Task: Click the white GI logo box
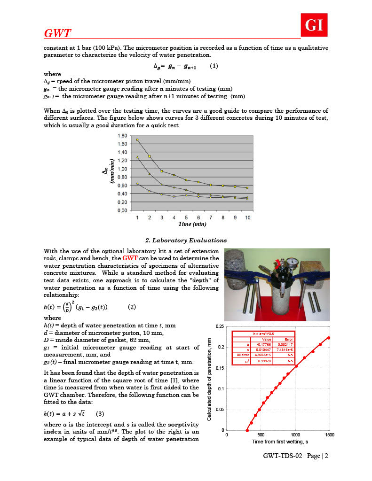314,25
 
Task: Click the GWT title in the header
57,33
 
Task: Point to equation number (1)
214,66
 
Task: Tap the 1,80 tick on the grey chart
122,135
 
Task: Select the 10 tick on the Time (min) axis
247,218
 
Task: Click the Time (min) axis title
192,225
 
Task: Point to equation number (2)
132,307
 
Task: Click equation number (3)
100,414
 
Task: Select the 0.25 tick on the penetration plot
219,326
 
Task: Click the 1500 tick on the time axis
329,434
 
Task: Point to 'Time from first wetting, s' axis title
279,442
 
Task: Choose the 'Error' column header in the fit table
288,339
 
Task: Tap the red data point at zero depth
247,430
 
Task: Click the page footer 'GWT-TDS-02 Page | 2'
295,456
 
